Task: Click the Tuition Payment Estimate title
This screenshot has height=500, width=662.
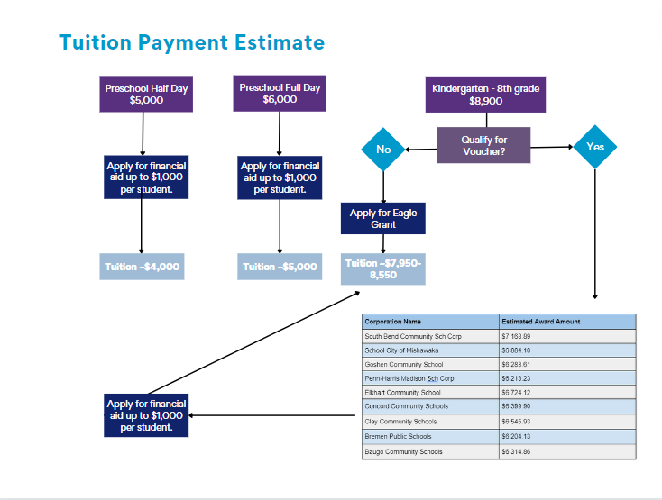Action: pyautogui.click(x=191, y=41)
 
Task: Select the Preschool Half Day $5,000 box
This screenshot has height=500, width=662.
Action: pyautogui.click(x=146, y=95)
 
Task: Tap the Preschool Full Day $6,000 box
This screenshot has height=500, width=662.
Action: pyautogui.click(x=280, y=94)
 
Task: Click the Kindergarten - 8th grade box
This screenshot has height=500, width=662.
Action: pyautogui.click(x=486, y=95)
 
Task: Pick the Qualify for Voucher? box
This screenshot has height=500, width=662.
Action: pyautogui.click(x=484, y=145)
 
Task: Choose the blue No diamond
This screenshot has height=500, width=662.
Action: pyautogui.click(x=383, y=149)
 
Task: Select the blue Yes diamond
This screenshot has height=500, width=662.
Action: pyautogui.click(x=595, y=146)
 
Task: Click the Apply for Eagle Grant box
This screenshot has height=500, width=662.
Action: pyautogui.click(x=383, y=219)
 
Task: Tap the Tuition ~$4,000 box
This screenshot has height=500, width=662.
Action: pyautogui.click(x=143, y=267)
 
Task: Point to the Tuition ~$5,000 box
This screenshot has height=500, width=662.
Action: pyautogui.click(x=280, y=267)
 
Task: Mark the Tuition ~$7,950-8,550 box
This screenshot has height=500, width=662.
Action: pyautogui.click(x=383, y=268)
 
